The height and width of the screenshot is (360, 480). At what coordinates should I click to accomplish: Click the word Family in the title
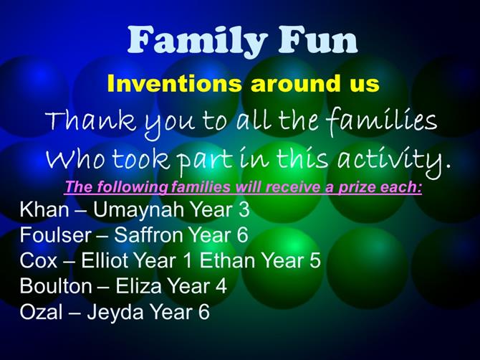point(197,40)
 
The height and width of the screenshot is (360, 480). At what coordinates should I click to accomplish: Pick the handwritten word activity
point(394,160)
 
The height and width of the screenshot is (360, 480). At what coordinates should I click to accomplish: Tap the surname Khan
point(44,209)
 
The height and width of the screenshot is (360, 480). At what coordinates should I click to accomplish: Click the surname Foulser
point(56,235)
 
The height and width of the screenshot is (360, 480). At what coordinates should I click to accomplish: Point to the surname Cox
point(39,260)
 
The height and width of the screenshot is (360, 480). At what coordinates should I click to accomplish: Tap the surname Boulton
point(56,286)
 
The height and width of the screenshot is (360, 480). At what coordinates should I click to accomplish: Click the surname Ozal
point(41,311)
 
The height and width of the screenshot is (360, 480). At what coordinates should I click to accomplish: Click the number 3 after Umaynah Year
point(244,209)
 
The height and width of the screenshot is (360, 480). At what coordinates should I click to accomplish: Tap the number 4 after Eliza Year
point(221,286)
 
